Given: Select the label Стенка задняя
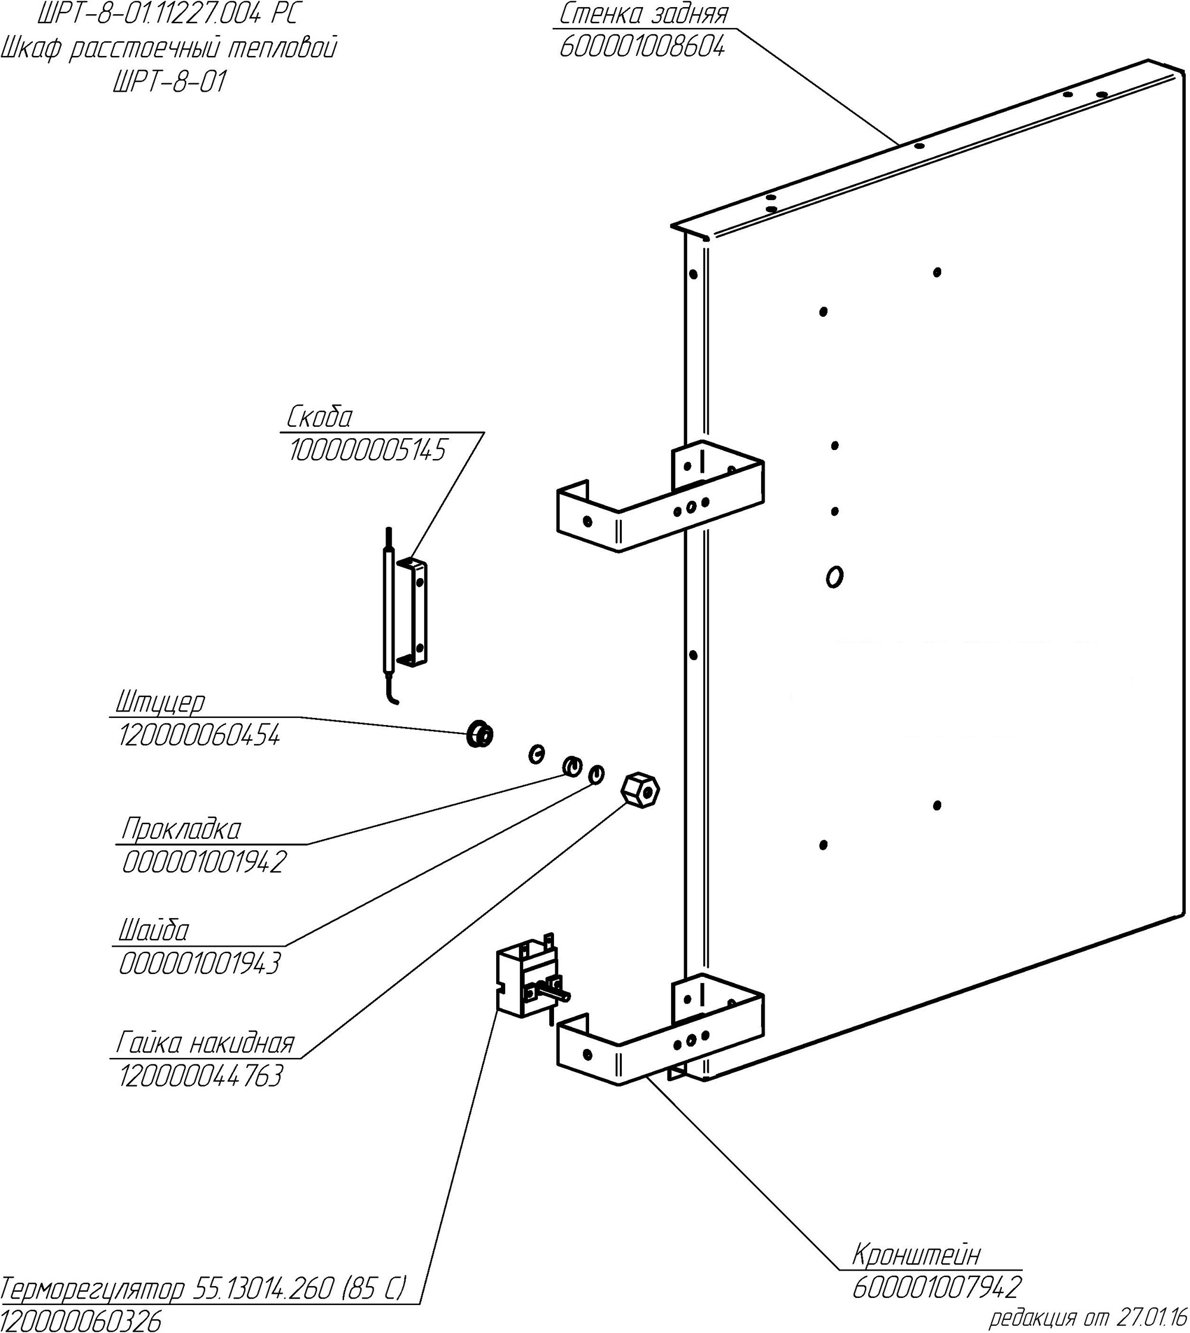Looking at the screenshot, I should click(643, 14).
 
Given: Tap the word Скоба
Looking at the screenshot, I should click(320, 417).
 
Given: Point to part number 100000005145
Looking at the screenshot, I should click(368, 450).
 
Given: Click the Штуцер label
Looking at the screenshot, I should click(160, 702).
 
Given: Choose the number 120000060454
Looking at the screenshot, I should click(199, 736).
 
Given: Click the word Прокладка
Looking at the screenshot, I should click(181, 829).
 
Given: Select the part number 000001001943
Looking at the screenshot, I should click(199, 963).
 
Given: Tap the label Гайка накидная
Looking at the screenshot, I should click(205, 1043).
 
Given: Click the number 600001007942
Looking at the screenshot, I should click(937, 1288).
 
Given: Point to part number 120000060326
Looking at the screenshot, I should click(80, 1321).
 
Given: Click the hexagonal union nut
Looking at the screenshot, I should click(640, 791).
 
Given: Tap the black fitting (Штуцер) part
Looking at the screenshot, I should click(480, 734).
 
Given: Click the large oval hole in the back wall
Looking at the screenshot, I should click(834, 577).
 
